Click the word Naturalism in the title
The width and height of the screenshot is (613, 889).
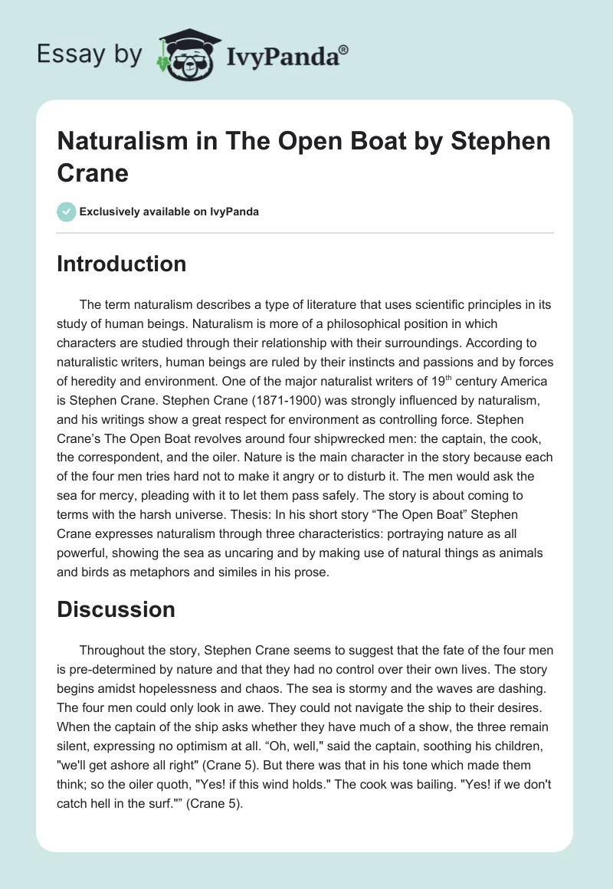pos(116,142)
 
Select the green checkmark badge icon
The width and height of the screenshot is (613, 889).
pos(66,212)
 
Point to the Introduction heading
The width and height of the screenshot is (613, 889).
pos(122,264)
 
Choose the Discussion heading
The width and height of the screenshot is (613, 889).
pos(116,609)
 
